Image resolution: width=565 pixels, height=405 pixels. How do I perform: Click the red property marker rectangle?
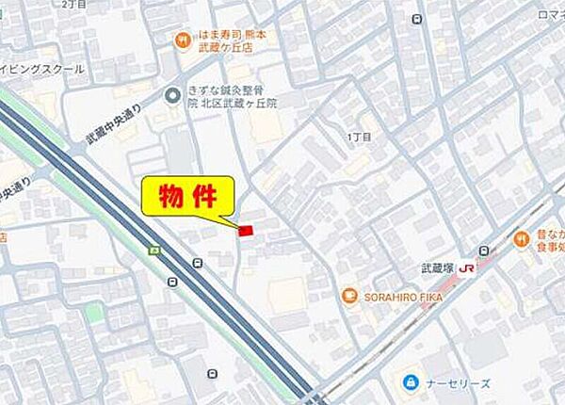tap(246, 230)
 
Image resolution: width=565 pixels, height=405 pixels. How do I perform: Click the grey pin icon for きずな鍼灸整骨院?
tap(171, 94)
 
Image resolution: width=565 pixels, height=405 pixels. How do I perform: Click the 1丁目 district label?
tap(359, 138)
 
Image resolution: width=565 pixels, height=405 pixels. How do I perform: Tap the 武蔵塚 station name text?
tap(438, 268)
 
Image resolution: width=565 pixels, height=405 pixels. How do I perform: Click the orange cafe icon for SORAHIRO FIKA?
tap(348, 296)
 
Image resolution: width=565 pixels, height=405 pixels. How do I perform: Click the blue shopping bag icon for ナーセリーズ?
tap(410, 382)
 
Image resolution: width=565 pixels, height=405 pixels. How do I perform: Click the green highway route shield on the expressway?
tap(153, 251)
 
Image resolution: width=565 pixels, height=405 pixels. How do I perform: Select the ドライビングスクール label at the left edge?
tap(42, 69)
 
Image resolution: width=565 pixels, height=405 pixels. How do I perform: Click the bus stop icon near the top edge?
tap(415, 18)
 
